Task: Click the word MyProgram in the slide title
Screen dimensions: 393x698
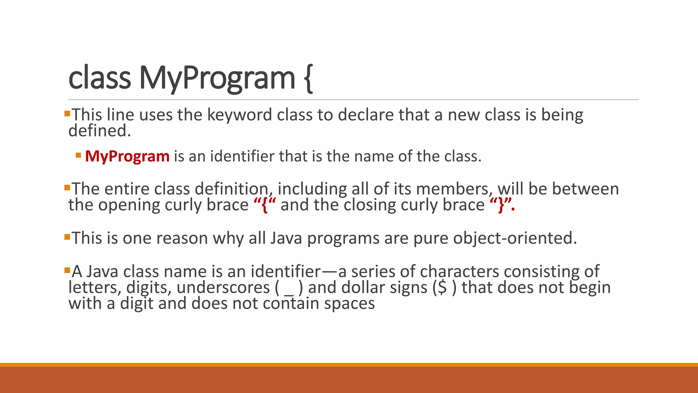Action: tap(217, 78)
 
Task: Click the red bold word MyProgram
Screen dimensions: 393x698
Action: tap(127, 157)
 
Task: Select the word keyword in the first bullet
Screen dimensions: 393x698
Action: tap(240, 115)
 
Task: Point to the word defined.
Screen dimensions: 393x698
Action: tap(100, 131)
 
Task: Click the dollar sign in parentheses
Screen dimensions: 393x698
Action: tap(442, 288)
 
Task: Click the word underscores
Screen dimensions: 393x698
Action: tap(223, 288)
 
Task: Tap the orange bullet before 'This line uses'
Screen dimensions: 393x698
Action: tap(67, 113)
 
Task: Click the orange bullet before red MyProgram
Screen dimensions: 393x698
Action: tap(78, 156)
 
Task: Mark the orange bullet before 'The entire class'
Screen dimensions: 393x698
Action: tap(67, 187)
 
